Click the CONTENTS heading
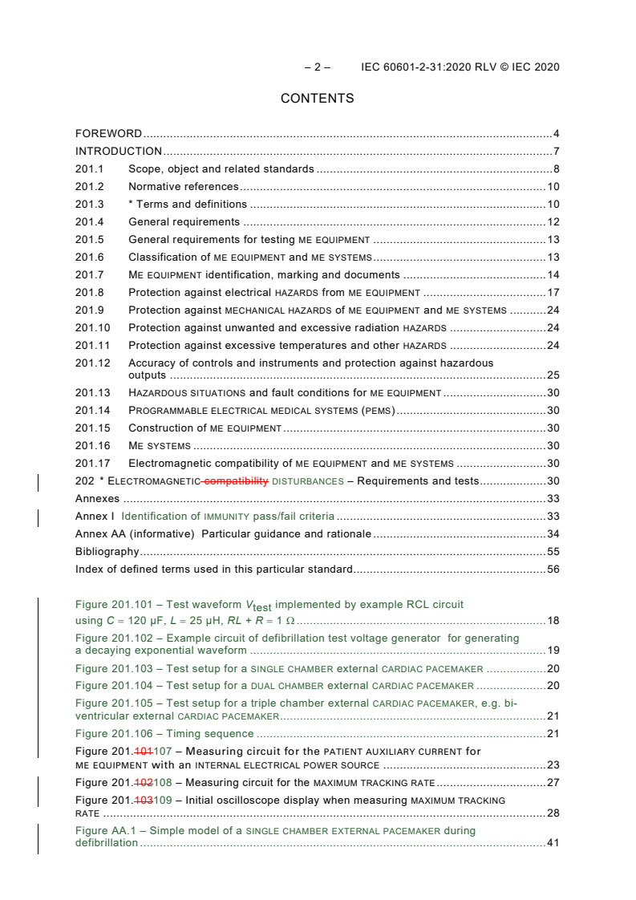click(x=317, y=99)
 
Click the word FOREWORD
click(x=108, y=133)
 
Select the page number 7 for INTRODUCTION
click(x=556, y=151)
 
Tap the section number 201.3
click(x=90, y=204)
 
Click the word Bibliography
click(x=107, y=552)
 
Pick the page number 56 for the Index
click(x=553, y=570)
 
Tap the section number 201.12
click(x=93, y=363)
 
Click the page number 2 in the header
click(x=317, y=67)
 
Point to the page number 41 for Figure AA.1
click(x=553, y=843)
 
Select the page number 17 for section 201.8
click(x=553, y=292)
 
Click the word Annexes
click(x=97, y=499)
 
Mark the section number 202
click(x=84, y=481)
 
